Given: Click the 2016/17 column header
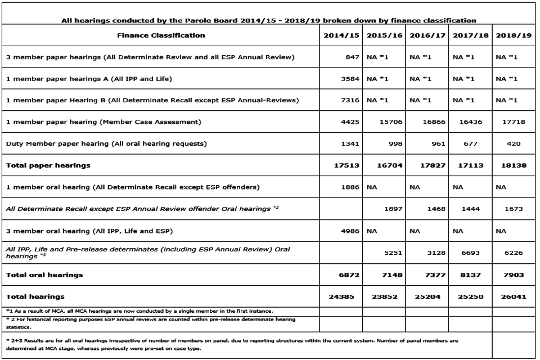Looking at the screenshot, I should point(427,35).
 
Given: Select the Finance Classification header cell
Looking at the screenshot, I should point(161,35).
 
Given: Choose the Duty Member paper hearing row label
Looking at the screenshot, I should point(106,143).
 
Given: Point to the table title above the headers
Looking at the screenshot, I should point(269,20).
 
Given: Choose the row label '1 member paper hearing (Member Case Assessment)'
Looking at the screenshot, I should point(103,121).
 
